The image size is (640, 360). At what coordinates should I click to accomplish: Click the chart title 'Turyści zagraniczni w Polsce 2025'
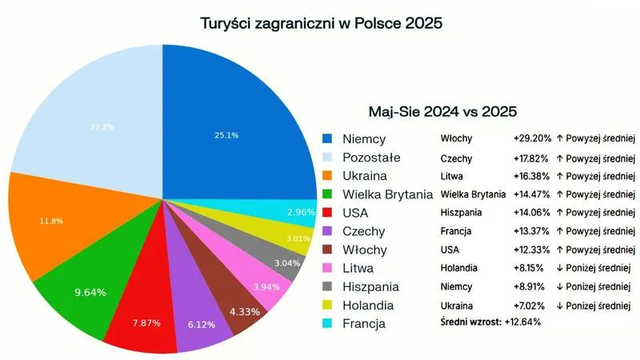pyautogui.click(x=322, y=23)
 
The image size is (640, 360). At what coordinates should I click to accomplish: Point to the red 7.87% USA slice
pyautogui.click(x=146, y=323)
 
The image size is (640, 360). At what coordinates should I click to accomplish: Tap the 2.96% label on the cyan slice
pyautogui.click(x=299, y=212)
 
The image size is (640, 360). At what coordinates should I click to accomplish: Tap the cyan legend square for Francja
pyautogui.click(x=327, y=324)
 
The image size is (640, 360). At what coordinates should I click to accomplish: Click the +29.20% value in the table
pyautogui.click(x=532, y=138)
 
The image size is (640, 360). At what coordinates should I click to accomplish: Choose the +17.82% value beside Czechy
pyautogui.click(x=532, y=157)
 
